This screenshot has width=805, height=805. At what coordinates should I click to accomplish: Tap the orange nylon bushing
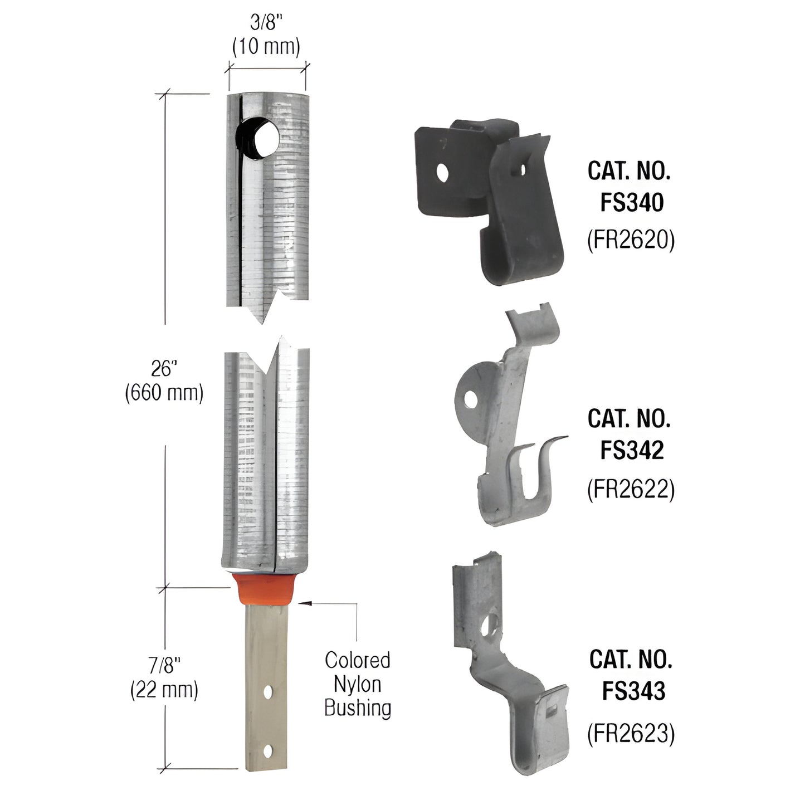[266, 590]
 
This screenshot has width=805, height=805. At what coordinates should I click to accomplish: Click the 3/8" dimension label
[266, 23]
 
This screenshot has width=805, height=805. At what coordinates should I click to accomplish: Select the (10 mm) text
[266, 46]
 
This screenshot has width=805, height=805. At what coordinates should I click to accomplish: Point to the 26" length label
[163, 368]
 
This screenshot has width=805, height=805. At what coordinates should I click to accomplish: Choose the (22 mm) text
[164, 690]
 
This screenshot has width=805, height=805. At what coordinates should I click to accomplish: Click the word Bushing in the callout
[357, 708]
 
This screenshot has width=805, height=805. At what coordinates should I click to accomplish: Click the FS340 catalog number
[632, 202]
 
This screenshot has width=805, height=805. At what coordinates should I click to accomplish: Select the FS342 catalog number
[632, 450]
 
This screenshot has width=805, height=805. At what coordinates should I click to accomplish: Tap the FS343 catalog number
[633, 691]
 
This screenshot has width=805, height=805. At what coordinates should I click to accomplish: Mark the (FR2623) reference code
[631, 734]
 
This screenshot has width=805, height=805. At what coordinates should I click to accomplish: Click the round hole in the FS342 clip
[472, 398]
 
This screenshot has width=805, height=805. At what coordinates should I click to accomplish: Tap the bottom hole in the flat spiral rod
[268, 752]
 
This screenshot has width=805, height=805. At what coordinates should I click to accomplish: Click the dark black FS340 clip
[485, 195]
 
